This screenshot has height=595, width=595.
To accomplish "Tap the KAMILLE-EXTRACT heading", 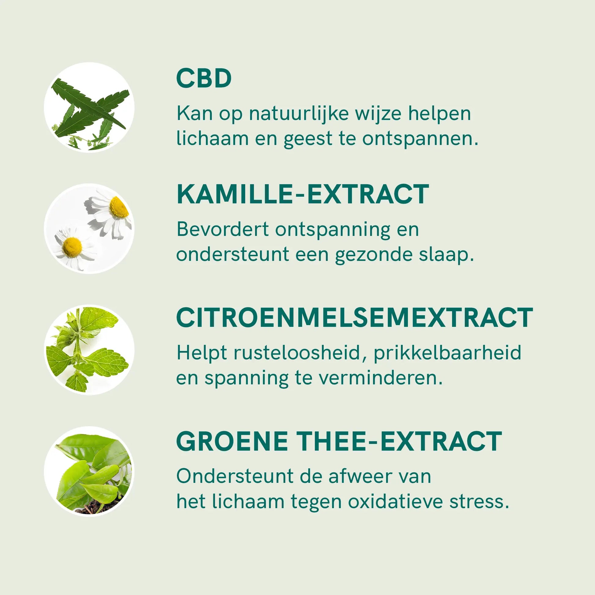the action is coord(303,194).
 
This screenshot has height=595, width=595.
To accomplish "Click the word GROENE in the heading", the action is coord(232,441).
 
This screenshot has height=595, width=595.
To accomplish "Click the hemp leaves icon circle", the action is coord(89,108).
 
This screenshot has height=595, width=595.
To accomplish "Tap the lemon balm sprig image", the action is coord(89,350).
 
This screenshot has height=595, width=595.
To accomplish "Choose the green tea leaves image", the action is coord(89,471).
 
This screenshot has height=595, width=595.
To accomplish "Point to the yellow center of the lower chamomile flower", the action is coord(72,247).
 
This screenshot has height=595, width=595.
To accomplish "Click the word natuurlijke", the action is coord(299,114).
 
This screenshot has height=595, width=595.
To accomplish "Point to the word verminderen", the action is coord(380,378).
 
